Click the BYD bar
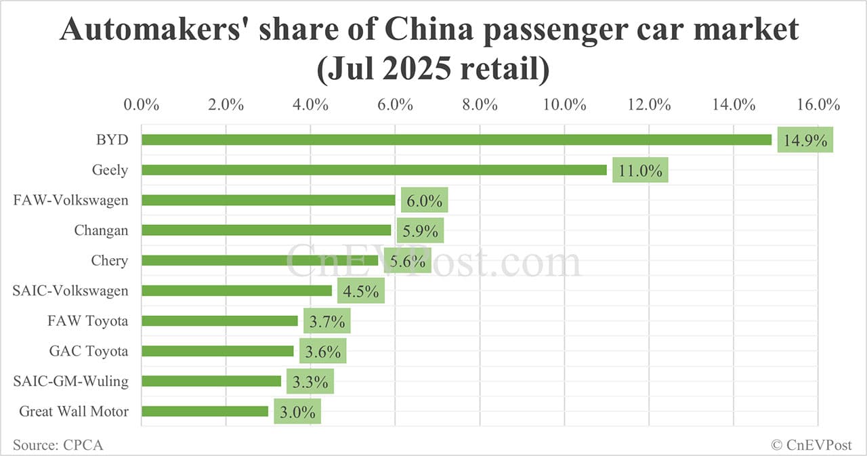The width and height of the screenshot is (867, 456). pos(456,140)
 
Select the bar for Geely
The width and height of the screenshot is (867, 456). pos(374,170)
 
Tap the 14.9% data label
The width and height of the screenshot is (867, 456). pos(805,141)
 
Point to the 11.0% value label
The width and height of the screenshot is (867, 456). pos(640,171)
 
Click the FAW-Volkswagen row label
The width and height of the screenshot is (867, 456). pos(70,200)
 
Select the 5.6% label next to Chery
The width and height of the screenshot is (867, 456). pos(408,261)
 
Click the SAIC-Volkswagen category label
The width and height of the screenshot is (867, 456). pos(70,291)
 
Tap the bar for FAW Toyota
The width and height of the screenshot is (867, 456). pos(219,321)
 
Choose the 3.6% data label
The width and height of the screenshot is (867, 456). pos(323,352)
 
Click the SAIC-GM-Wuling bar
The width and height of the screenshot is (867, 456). pos(211,381)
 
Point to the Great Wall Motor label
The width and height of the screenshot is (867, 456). pos(74,411)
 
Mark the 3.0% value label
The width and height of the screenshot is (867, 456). pos(297,412)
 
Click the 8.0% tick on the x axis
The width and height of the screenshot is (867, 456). pos(480,105)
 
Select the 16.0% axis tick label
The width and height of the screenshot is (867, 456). pos(818,105)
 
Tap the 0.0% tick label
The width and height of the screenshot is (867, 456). pos(142,105)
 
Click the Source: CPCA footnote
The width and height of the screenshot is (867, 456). pos(58,444)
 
